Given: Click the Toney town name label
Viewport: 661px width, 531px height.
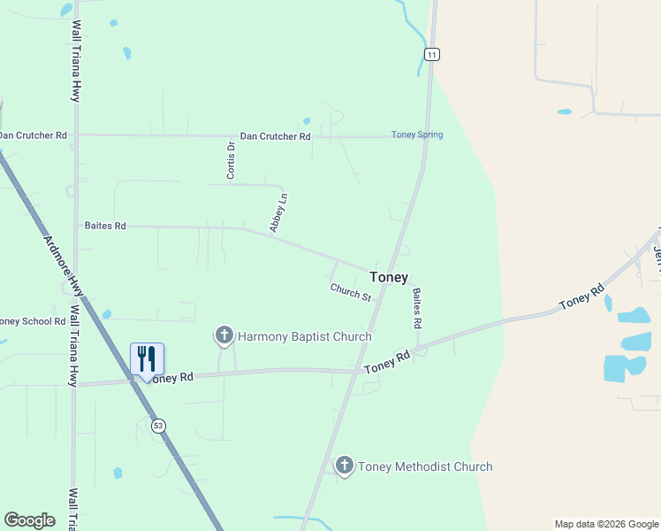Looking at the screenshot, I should [389, 277].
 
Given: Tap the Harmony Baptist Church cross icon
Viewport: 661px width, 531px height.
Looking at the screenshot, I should [224, 335].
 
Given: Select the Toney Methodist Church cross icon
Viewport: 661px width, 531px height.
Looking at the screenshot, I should [345, 466].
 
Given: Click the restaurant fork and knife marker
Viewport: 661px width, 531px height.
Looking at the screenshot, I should [147, 358].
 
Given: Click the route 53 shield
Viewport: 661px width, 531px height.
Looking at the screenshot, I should [158, 426].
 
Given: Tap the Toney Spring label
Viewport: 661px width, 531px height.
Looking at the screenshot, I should [417, 135].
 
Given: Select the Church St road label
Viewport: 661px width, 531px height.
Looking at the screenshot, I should [351, 291].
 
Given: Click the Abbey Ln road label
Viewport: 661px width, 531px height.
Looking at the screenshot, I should [278, 213].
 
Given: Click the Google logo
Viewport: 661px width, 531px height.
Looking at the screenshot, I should [29, 520].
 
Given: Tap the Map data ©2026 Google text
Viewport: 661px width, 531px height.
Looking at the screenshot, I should [606, 524].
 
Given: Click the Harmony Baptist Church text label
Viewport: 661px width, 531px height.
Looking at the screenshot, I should [305, 336].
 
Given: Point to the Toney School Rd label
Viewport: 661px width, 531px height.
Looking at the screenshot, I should [32, 322].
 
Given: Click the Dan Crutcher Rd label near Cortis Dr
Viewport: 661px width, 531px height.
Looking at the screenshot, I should [276, 137].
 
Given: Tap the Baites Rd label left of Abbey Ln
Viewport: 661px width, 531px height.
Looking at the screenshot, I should [105, 227].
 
